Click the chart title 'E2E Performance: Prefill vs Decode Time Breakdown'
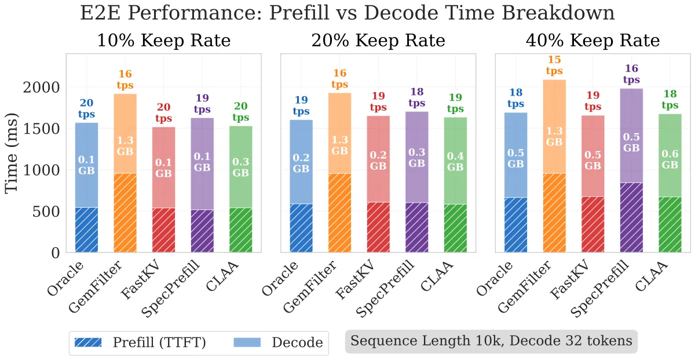click(x=348, y=13)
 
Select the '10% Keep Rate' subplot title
click(x=164, y=41)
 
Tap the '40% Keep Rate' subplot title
click(x=593, y=41)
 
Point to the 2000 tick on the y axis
click(x=41, y=87)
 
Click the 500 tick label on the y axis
click(x=46, y=212)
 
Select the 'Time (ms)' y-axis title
click(x=12, y=153)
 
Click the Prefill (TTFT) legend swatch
click(x=88, y=342)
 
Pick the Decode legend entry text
click(x=297, y=343)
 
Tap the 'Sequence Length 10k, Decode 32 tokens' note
click(x=491, y=341)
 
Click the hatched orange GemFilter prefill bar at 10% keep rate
click(x=125, y=213)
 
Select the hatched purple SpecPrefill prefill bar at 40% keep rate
click(x=631, y=218)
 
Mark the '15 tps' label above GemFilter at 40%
click(x=554, y=65)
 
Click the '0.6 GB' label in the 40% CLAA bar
click(x=670, y=159)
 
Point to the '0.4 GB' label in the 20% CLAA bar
click(x=455, y=161)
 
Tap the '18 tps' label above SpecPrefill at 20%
click(x=416, y=97)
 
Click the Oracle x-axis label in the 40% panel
click(x=494, y=278)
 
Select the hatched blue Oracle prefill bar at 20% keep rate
click(x=301, y=228)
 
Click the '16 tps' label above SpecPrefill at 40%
click(x=631, y=74)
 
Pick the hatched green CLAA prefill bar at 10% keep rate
click(x=241, y=230)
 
